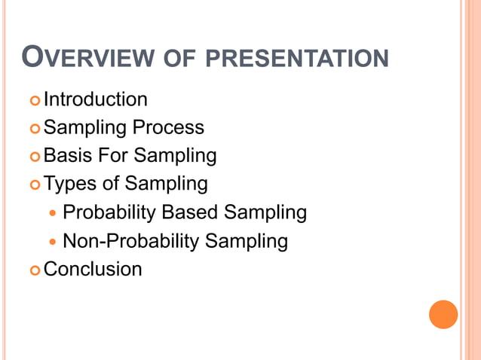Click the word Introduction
(x=96, y=99)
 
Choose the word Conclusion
(x=93, y=269)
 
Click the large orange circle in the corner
(x=443, y=314)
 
